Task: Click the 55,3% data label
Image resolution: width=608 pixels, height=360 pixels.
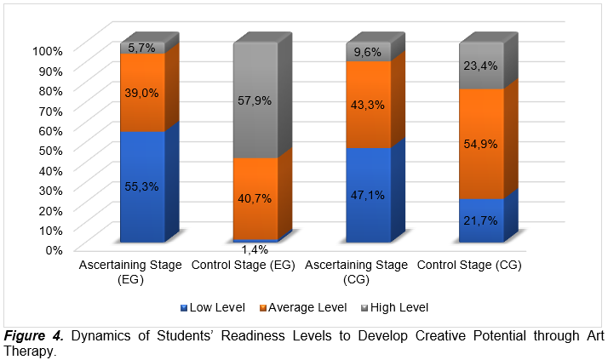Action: pyautogui.click(x=141, y=186)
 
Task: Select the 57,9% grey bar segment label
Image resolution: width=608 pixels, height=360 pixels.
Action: pyautogui.click(x=255, y=100)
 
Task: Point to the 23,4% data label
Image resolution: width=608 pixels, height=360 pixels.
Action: pyautogui.click(x=481, y=64)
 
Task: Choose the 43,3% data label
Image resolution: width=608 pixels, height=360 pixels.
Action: pyautogui.click(x=369, y=105)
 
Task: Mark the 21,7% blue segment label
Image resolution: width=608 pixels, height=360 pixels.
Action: pyautogui.click(x=481, y=220)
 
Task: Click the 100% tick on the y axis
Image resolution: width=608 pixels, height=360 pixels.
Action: pyautogui.click(x=48, y=50)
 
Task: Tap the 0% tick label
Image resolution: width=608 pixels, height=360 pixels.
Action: pyautogui.click(x=54, y=249)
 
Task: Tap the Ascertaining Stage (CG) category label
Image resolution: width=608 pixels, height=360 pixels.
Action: pyautogui.click(x=369, y=271)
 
